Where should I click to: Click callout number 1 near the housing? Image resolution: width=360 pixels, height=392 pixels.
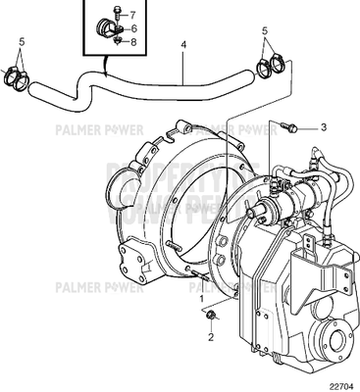tap(202, 297)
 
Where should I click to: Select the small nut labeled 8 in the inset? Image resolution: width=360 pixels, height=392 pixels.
tap(117, 42)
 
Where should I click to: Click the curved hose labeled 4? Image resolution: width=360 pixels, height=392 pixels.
tap(147, 86)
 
